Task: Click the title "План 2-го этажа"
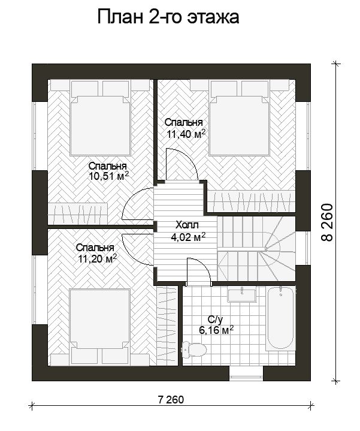[168, 17]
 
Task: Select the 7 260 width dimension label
[171, 399]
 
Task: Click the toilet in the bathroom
[194, 349]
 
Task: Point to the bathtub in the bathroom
[281, 318]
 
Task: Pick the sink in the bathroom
[241, 295]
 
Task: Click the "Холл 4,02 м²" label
[188, 231]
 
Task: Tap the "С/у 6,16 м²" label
[216, 325]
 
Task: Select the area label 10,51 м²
[109, 176]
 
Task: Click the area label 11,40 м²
[186, 134]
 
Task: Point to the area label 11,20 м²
[98, 258]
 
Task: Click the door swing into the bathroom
[198, 271]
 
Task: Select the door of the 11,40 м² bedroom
[182, 164]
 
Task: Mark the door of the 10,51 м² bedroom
[138, 204]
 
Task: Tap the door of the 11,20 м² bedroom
[137, 249]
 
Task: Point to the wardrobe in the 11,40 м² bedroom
[251, 201]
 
